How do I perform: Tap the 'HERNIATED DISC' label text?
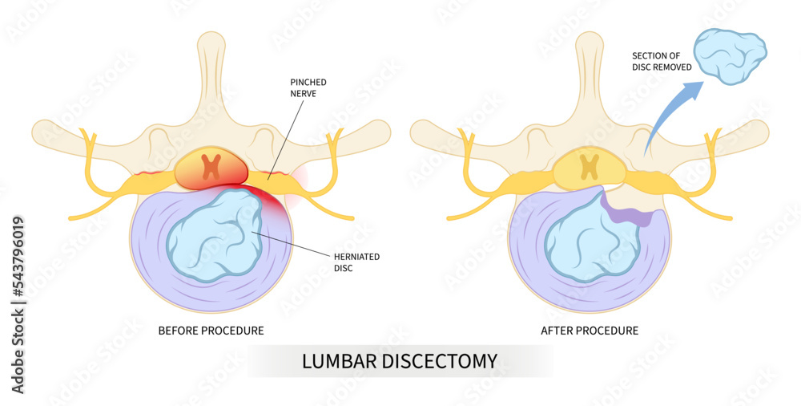pyautogui.click(x=356, y=262)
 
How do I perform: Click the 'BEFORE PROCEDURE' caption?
pyautogui.click(x=211, y=330)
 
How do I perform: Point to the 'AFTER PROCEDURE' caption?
pyautogui.click(x=590, y=330)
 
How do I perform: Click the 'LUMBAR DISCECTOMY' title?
pyautogui.click(x=399, y=361)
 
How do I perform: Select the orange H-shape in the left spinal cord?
pyautogui.click(x=211, y=166)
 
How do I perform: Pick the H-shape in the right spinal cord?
pyautogui.click(x=590, y=166)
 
